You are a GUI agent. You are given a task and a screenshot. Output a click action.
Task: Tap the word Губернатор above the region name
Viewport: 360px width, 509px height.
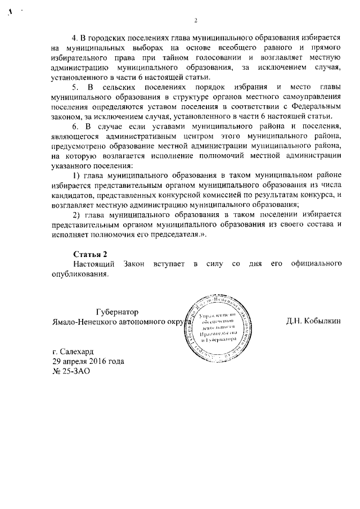(118, 312)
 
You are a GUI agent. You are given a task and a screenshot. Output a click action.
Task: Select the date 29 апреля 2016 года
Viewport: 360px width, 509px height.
(87, 361)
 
